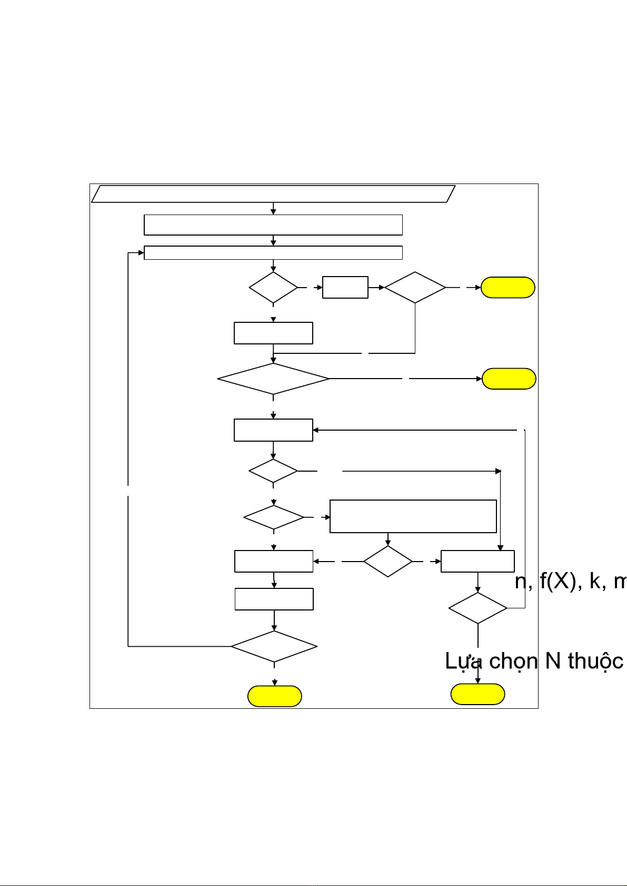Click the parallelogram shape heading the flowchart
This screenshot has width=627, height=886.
(273, 194)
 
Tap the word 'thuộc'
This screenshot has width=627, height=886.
(595, 661)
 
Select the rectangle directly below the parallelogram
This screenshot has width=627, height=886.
(273, 225)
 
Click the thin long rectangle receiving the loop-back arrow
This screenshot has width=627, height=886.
(273, 252)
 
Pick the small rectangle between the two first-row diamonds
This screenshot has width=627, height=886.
(345, 287)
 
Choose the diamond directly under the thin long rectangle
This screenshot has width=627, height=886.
(273, 288)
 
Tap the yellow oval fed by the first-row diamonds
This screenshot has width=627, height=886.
(508, 288)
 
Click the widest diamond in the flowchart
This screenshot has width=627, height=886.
(273, 379)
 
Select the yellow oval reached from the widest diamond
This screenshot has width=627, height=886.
(509, 379)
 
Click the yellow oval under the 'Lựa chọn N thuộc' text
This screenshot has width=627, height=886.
(477, 695)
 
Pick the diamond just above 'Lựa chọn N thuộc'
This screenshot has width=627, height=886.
(477, 608)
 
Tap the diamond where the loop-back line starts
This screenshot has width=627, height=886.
(274, 646)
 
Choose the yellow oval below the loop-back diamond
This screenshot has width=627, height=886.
(274, 696)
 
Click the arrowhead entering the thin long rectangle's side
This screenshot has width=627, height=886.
(141, 253)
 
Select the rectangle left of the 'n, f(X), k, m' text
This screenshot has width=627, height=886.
(477, 561)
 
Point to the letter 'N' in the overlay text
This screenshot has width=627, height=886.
(553, 661)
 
